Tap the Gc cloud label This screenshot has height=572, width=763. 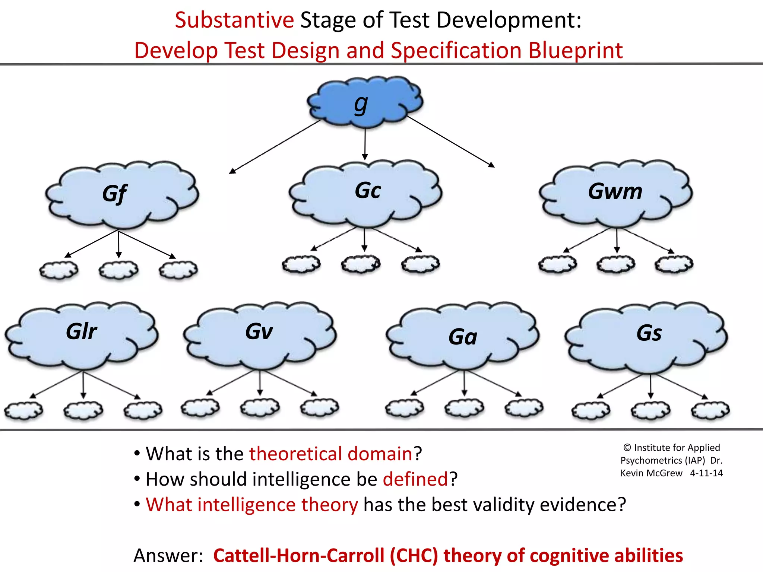point(368,191)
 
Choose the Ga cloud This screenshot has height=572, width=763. point(463,337)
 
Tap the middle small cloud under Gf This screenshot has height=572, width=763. point(118,270)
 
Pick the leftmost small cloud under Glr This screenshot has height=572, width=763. point(23,410)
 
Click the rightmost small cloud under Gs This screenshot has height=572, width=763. point(710,410)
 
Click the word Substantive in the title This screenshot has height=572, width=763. point(234,20)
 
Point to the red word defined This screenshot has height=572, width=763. point(415,479)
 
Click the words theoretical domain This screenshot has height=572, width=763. point(331,454)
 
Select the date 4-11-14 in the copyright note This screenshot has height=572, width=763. point(706,473)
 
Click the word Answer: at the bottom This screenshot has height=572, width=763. point(168,555)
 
